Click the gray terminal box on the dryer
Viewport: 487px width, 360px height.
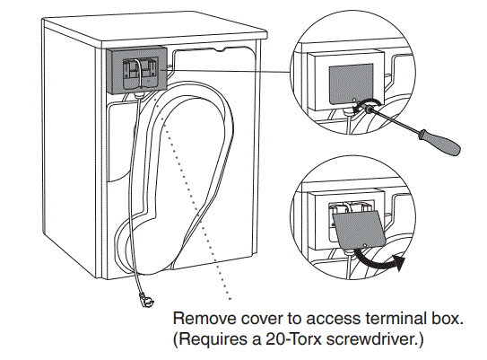(x=135, y=69)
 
